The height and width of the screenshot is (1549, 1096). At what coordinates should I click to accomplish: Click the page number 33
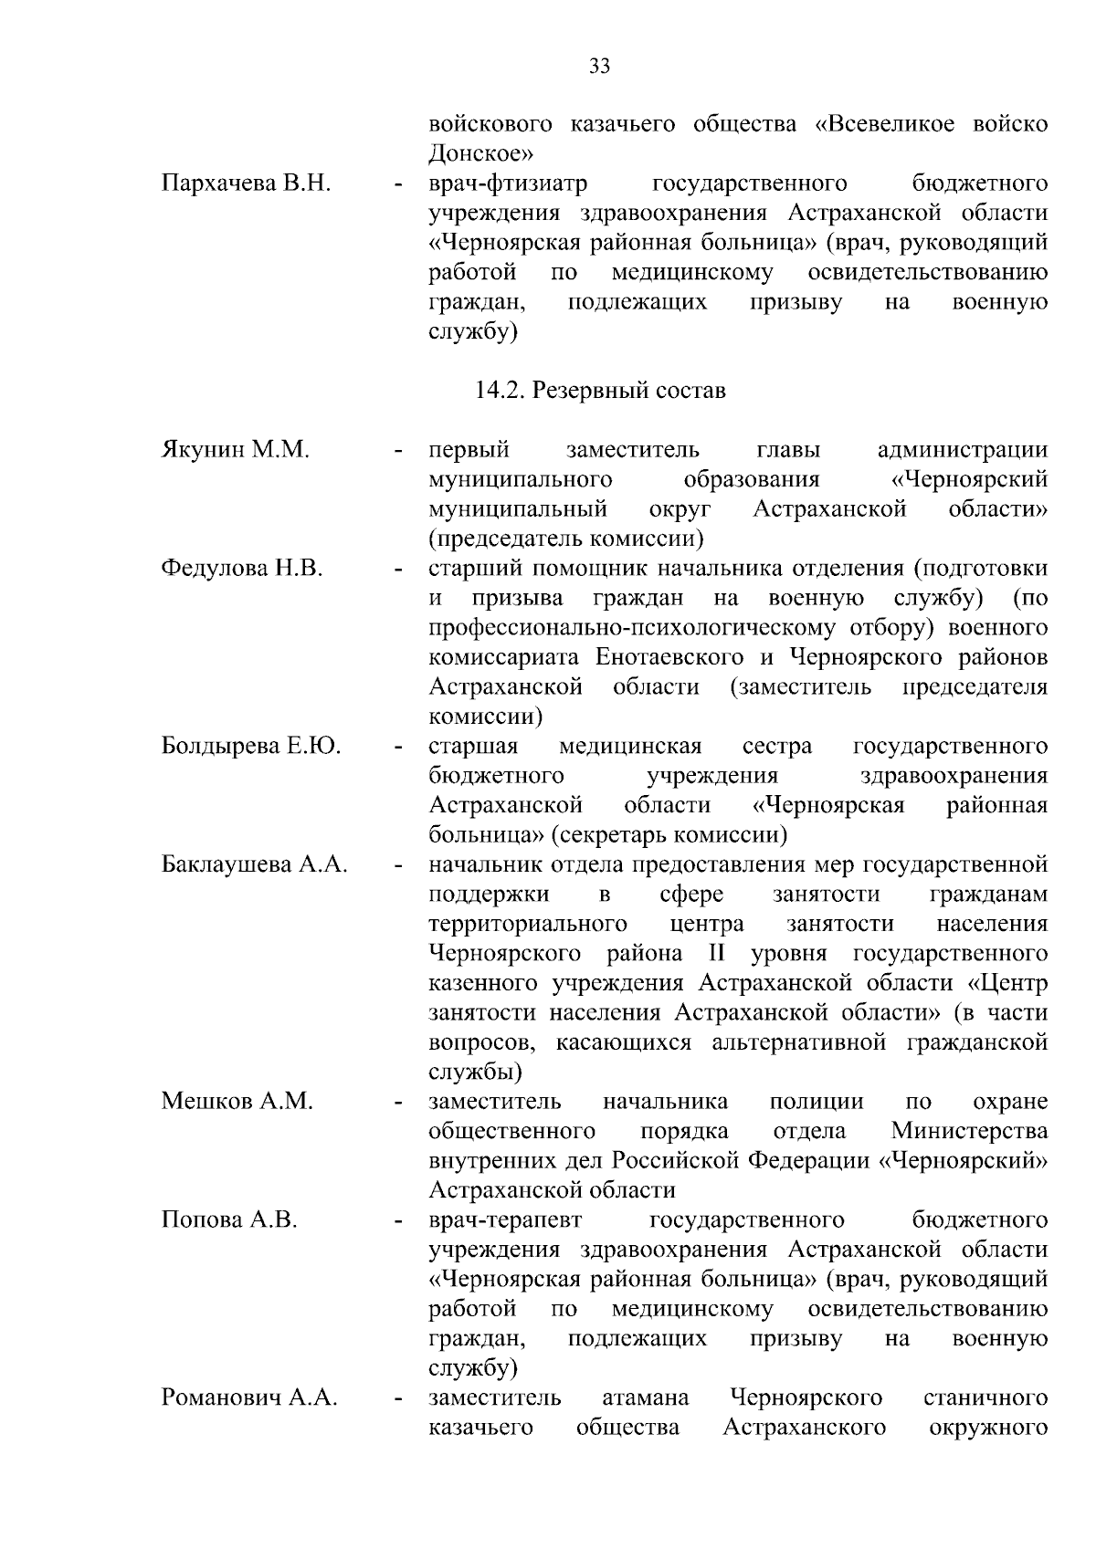(x=600, y=67)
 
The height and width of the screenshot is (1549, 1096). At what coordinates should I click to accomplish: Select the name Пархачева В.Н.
(x=246, y=183)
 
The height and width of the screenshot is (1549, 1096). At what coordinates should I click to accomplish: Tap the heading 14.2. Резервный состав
(x=600, y=391)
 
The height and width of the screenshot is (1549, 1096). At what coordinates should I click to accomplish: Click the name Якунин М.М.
(x=236, y=450)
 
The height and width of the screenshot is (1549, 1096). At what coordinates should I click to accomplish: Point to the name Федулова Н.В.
(x=242, y=569)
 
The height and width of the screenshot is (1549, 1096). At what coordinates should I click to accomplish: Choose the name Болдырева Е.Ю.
(x=251, y=747)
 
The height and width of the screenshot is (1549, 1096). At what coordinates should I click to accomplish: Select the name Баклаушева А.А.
(x=255, y=864)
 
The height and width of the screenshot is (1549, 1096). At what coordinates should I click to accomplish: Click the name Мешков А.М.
(x=237, y=1102)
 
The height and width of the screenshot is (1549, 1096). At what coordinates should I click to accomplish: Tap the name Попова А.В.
(x=229, y=1220)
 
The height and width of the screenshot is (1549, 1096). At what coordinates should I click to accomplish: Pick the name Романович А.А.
(x=249, y=1397)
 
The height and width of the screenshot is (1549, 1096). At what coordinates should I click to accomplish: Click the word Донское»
(x=481, y=153)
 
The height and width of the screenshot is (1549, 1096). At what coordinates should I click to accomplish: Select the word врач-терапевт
(x=506, y=1220)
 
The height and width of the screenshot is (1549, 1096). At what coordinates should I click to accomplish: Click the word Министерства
(x=969, y=1132)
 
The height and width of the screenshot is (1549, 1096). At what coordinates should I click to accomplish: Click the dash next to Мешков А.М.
(x=398, y=1104)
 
